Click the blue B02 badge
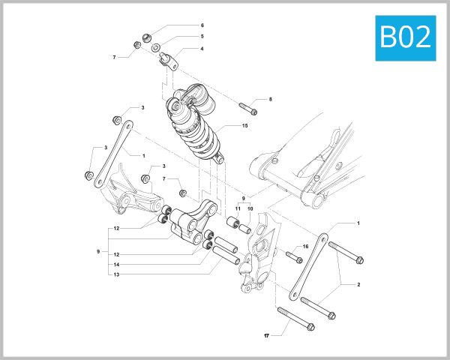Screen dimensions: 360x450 [x=406, y=37]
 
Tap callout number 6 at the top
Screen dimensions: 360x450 [x=202, y=25]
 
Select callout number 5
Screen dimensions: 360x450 [x=202, y=36]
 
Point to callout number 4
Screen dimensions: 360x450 [x=202, y=49]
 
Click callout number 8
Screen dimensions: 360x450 [x=270, y=99]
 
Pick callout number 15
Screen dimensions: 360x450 [x=244, y=126]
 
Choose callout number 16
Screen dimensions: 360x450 [x=305, y=246]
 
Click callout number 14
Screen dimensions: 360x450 [x=117, y=265]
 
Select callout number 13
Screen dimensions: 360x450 [x=117, y=274]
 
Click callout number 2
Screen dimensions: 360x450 [x=358, y=285]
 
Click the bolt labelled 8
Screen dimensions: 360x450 [x=248, y=107]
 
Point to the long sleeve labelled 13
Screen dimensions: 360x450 [x=226, y=256]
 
